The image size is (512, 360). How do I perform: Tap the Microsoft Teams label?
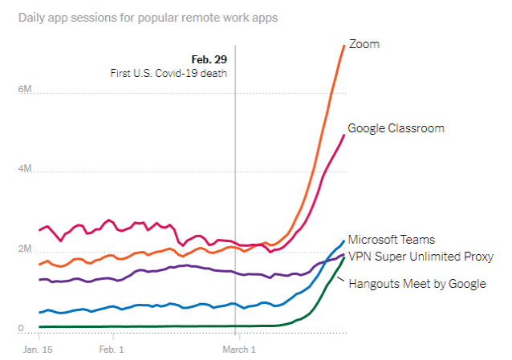[391, 240]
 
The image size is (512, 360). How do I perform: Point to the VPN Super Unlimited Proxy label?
[421, 257]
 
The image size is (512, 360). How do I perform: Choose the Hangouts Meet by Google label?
[417, 283]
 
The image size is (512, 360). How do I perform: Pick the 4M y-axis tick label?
[24, 169]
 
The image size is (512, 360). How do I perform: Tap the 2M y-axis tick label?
[24, 249]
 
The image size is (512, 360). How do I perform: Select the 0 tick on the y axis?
[20, 329]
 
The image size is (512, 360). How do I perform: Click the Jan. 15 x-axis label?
[38, 350]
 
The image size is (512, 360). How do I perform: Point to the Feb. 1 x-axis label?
[112, 350]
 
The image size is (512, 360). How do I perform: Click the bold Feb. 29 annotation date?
[209, 59]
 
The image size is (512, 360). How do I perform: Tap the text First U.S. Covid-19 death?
[169, 73]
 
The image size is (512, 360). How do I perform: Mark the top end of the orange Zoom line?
[344, 45]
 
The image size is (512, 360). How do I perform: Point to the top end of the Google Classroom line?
[344, 135]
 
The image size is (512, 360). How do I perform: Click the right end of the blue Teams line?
[344, 241]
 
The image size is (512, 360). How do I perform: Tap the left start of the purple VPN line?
[39, 280]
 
